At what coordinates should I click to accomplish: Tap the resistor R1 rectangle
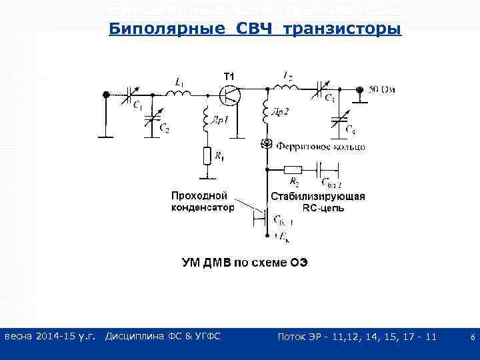click(x=207, y=157)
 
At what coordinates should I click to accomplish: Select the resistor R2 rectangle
click(x=293, y=169)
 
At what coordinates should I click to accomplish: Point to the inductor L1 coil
click(x=179, y=93)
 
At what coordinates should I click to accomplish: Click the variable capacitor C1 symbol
click(x=131, y=95)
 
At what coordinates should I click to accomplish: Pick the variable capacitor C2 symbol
click(x=155, y=119)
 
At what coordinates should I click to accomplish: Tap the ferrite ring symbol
click(x=267, y=144)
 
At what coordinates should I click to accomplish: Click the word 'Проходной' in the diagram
click(x=199, y=196)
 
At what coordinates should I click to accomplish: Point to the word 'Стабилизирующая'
click(x=318, y=197)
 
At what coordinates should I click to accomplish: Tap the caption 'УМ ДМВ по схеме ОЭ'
click(x=245, y=262)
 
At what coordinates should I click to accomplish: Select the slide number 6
click(x=472, y=338)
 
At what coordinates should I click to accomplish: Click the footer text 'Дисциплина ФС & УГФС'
click(x=163, y=337)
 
